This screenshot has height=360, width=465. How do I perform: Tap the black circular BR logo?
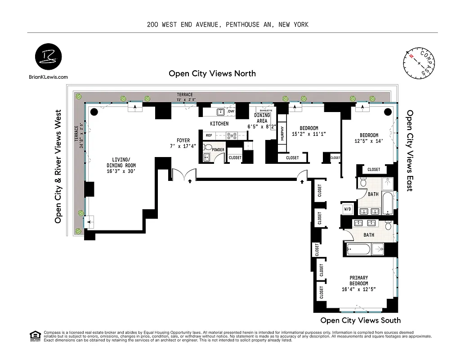tap(48, 58)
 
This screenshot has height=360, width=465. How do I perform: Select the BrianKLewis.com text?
tap(48, 77)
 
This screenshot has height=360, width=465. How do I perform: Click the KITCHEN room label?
tap(219, 124)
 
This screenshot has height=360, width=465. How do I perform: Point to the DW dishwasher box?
tap(231, 111)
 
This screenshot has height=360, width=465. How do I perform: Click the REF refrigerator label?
tap(209, 135)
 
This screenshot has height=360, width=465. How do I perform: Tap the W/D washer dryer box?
tap(348, 209)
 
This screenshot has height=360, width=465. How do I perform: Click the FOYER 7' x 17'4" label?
tap(183, 144)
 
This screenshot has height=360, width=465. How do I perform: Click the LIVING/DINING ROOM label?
tap(121, 165)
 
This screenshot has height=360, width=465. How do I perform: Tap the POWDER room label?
tap(219, 150)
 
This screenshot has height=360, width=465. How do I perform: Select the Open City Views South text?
tap(360, 320)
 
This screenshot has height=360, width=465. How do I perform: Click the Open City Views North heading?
tap(212, 73)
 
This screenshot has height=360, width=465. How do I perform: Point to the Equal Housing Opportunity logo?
tap(34, 336)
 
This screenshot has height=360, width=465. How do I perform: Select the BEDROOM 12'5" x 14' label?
tap(368, 138)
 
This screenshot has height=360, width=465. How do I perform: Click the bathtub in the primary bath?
tap(359, 249)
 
